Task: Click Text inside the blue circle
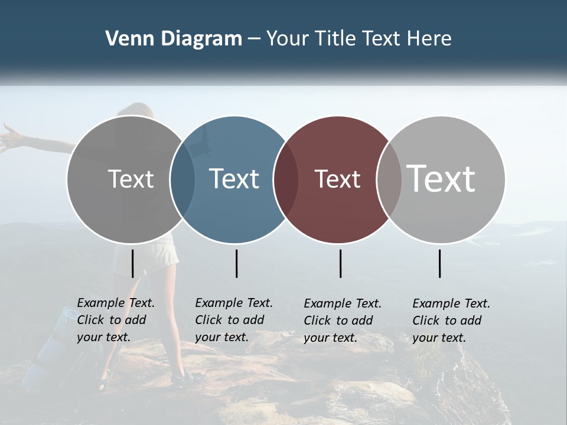click(234, 179)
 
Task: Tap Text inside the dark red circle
click(337, 179)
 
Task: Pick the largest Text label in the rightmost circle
click(441, 178)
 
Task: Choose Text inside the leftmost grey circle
click(131, 179)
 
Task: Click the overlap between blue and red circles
click(285, 179)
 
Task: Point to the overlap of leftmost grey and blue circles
click(182, 179)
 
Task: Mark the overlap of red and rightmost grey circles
click(389, 179)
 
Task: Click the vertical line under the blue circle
click(236, 263)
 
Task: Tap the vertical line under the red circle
click(340, 263)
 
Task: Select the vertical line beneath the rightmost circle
click(439, 263)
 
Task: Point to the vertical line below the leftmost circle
click(132, 263)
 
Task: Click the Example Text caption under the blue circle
click(234, 320)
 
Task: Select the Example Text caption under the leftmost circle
click(116, 320)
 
